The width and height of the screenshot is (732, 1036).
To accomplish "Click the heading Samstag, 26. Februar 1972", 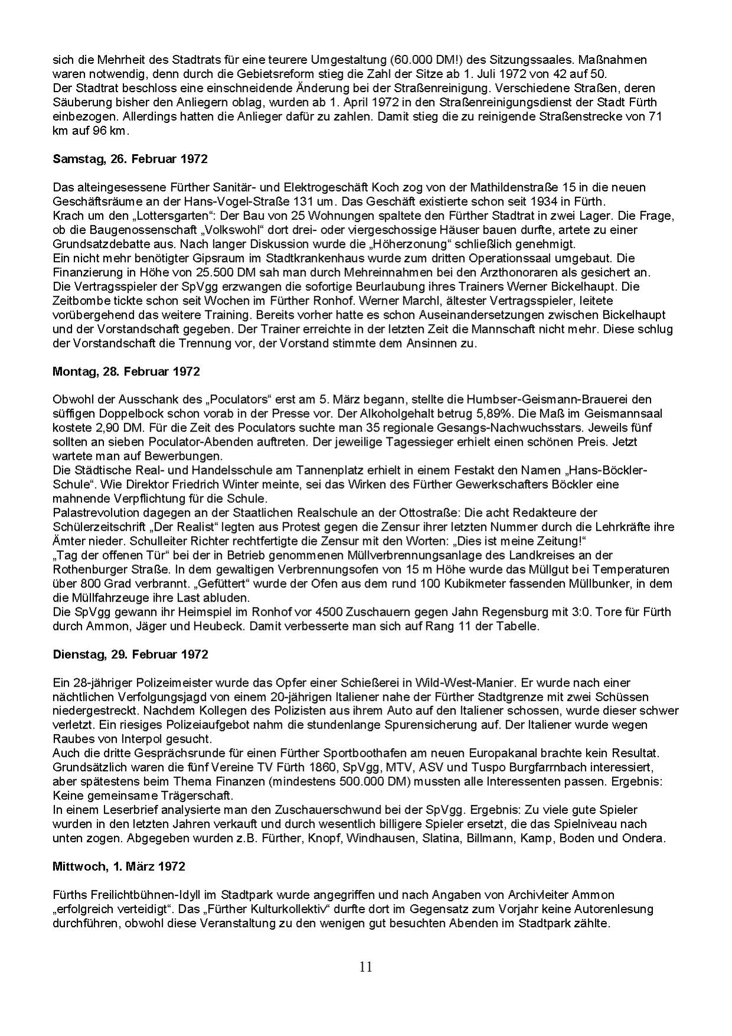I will [130, 159].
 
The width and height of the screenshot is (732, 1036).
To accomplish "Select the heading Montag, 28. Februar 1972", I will [126, 372].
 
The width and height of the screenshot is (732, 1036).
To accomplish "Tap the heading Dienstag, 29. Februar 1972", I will [131, 655].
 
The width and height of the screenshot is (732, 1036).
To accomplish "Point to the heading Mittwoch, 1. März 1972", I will [119, 867].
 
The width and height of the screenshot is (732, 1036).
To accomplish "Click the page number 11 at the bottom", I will [365, 967].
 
